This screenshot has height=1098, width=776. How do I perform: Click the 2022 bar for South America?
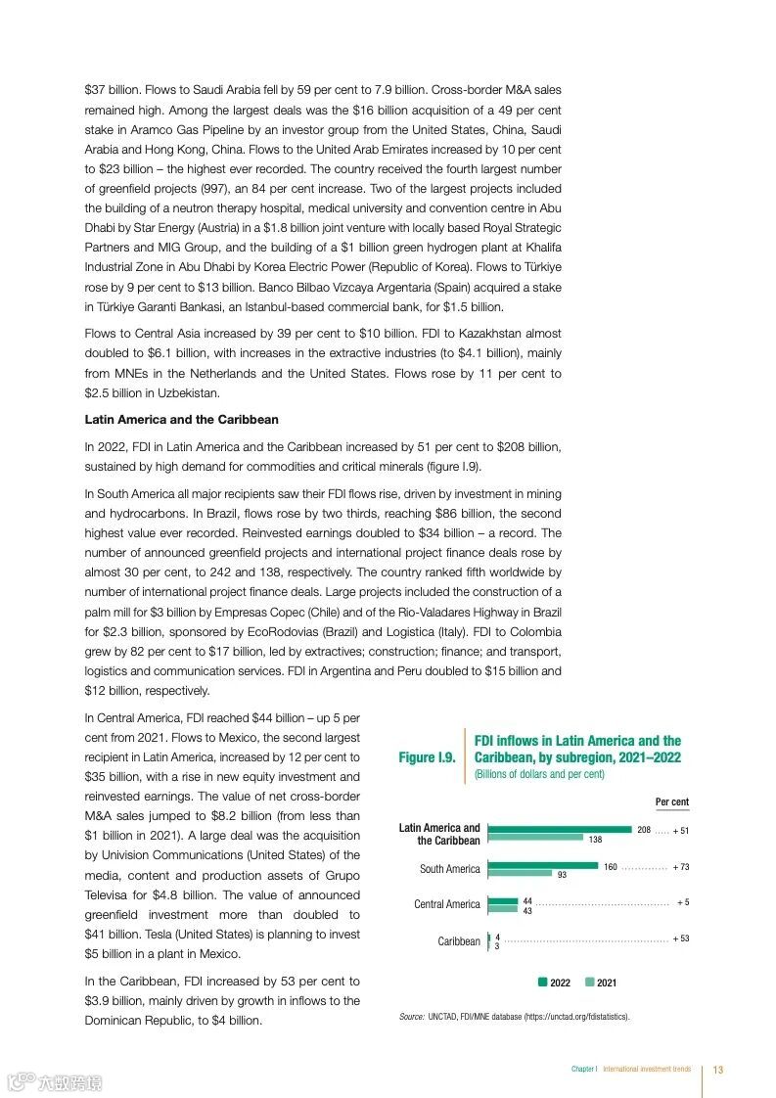point(542,865)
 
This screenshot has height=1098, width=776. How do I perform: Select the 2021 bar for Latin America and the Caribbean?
point(535,838)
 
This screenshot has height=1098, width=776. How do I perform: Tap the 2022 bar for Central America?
point(503,901)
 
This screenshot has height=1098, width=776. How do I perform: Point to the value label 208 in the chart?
point(644,830)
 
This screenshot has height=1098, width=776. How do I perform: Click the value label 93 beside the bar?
point(563,875)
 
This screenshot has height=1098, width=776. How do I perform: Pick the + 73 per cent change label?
point(680,867)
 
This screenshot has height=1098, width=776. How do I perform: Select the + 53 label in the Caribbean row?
point(680,938)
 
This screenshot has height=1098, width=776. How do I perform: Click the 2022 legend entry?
point(556,983)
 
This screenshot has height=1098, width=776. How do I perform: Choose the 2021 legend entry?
point(601,983)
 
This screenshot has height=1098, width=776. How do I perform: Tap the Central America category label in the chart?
point(446,904)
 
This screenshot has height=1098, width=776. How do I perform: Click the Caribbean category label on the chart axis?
point(459,941)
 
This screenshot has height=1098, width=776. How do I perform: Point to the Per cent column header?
point(671,802)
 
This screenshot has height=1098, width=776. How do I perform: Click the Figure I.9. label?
point(427,757)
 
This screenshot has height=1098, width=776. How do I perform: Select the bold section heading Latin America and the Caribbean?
point(181,419)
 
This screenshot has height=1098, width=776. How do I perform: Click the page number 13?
point(717,1070)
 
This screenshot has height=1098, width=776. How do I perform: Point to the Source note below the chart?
point(515,1017)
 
